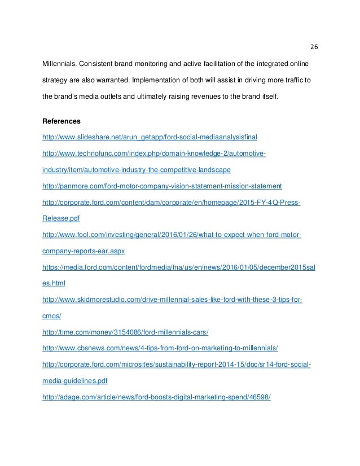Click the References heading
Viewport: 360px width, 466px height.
click(62, 121)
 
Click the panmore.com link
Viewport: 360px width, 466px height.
click(162, 186)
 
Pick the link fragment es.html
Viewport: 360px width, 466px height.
click(54, 283)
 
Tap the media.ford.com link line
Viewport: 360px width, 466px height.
click(179, 267)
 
